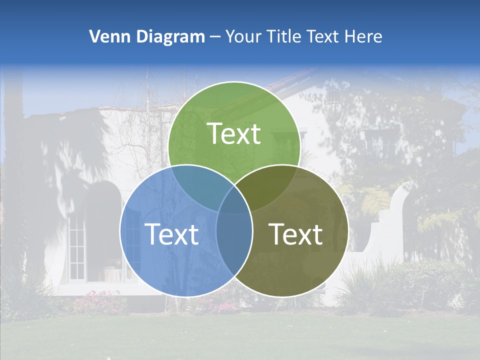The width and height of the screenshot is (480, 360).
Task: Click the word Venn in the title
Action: point(106,36)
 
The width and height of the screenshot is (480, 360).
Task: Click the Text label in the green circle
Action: point(234,134)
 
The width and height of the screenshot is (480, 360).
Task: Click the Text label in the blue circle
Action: point(171,234)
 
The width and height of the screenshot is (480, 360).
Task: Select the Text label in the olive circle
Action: point(296,234)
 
